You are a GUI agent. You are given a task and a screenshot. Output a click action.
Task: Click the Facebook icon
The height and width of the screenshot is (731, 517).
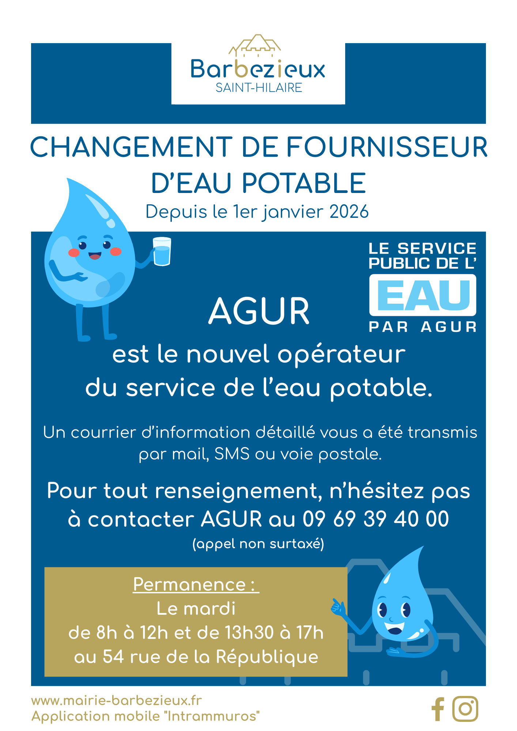[x=438, y=709]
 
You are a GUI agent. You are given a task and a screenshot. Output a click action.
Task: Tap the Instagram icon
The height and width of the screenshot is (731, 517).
[x=465, y=709]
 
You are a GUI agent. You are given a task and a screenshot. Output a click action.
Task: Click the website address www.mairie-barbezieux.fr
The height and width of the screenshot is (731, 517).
[x=117, y=700]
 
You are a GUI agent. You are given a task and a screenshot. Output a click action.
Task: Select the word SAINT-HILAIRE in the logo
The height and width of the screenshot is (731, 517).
[x=258, y=88]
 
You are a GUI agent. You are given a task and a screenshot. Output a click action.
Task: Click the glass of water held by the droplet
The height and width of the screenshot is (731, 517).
[x=162, y=251]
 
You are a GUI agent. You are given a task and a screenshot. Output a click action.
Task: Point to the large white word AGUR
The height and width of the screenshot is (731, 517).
[x=259, y=311]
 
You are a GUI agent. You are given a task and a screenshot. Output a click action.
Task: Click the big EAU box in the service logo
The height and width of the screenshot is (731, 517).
[x=423, y=295]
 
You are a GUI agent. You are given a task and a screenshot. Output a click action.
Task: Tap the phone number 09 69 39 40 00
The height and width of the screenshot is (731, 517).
[x=376, y=519]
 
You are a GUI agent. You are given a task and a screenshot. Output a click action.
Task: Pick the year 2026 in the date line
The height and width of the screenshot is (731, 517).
[x=349, y=212]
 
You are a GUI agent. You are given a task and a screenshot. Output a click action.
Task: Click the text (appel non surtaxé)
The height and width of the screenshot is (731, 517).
[x=258, y=544]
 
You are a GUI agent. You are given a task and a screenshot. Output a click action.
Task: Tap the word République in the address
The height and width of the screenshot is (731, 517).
[x=267, y=656]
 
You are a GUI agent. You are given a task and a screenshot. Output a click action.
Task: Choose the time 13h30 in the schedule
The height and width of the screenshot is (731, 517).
[x=249, y=633]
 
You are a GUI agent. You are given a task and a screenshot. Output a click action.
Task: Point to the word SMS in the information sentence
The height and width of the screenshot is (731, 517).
[x=232, y=454]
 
